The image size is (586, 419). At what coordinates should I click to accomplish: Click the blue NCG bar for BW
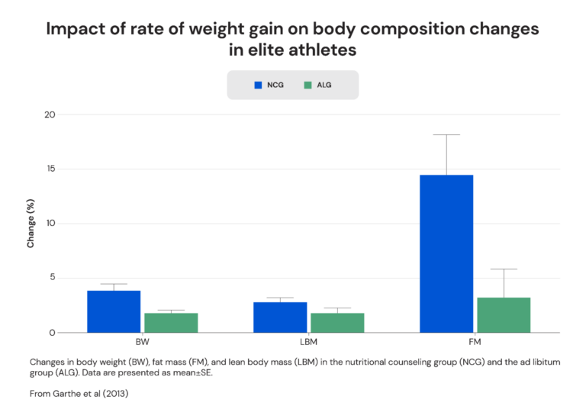pyautogui.click(x=114, y=311)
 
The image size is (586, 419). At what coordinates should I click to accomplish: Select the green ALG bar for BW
pyautogui.click(x=171, y=323)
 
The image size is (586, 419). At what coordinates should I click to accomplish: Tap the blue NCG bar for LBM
pyautogui.click(x=280, y=317)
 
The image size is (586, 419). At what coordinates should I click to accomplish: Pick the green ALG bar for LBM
pyautogui.click(x=337, y=323)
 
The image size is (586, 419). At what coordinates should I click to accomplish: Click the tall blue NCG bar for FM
pyautogui.click(x=446, y=253)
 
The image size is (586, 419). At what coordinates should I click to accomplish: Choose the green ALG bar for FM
pyautogui.click(x=504, y=314)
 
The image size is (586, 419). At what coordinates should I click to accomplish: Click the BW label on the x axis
pyautogui.click(x=142, y=343)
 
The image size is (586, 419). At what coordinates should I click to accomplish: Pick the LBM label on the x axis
pyautogui.click(x=308, y=343)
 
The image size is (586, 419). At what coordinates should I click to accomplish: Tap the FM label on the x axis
pyautogui.click(x=475, y=343)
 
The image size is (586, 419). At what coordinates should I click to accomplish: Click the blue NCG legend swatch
pyautogui.click(x=258, y=85)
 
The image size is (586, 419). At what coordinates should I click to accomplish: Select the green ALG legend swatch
pyautogui.click(x=307, y=85)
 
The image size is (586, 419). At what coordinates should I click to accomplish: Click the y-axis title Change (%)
pyautogui.click(x=31, y=224)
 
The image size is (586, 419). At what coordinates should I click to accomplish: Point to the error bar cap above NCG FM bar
pyautogui.click(x=446, y=135)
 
